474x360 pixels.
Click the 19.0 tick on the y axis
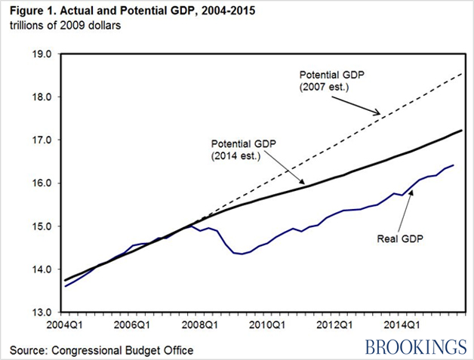pyautogui.click(x=39, y=54)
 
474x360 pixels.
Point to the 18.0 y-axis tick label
pyautogui.click(x=39, y=97)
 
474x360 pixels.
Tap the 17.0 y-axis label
pyautogui.click(x=39, y=140)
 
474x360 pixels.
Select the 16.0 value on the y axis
pyautogui.click(x=39, y=183)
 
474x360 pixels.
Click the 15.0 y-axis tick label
pyautogui.click(x=39, y=226)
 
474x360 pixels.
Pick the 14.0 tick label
pyautogui.click(x=39, y=269)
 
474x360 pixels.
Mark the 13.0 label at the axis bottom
pyautogui.click(x=39, y=312)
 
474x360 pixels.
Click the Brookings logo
pyautogui.click(x=415, y=347)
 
